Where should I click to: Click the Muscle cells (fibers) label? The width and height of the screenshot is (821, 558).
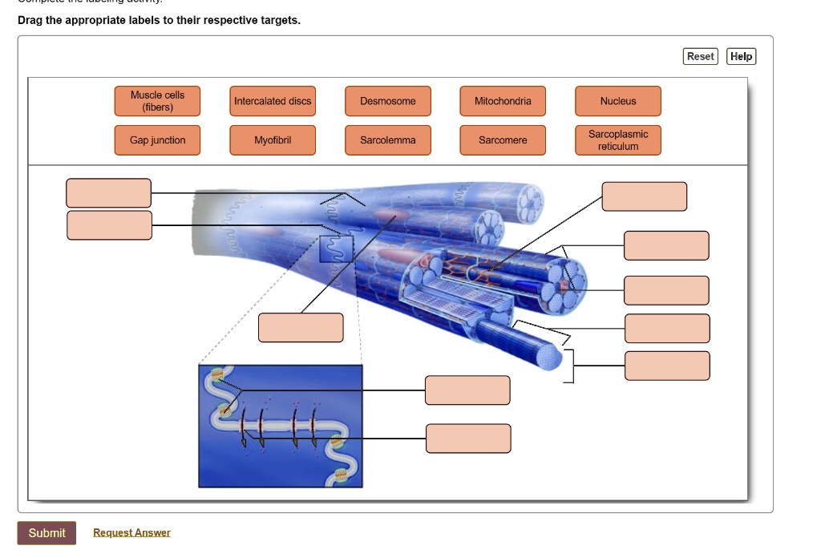point(157,101)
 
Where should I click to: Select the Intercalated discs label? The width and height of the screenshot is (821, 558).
point(273,101)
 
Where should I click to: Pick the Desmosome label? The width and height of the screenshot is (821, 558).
point(388,101)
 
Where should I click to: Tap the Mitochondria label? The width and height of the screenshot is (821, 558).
point(503,101)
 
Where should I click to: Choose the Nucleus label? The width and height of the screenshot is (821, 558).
point(618,101)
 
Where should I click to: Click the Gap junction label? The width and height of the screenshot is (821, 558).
point(157,140)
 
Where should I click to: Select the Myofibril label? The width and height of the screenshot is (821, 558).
point(273,140)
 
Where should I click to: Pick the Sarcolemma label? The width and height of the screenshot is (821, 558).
point(388,140)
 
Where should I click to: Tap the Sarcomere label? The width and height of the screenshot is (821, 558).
point(503,140)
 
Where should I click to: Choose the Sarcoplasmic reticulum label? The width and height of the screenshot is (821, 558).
point(618,140)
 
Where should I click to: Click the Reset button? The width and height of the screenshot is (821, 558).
point(701,56)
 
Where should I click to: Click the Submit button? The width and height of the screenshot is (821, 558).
point(47,533)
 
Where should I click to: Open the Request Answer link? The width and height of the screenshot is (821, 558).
point(131,533)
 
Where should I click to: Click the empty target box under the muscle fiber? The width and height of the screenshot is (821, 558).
point(301,327)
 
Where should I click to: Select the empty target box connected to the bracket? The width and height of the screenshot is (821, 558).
point(667,366)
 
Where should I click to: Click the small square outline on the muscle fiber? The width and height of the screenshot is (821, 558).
point(336,249)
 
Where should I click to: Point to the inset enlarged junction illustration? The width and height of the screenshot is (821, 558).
point(281,426)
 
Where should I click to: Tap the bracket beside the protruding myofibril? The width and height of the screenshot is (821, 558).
point(569,366)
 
